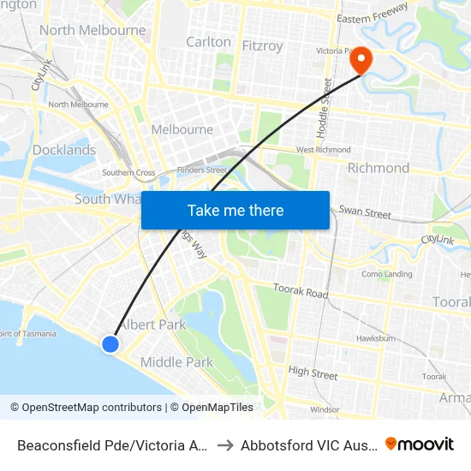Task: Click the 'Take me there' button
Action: [235, 210]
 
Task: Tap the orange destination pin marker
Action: [362, 59]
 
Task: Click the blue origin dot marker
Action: [110, 343]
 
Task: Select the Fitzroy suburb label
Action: [262, 45]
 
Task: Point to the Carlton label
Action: [208, 41]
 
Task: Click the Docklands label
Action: [64, 150]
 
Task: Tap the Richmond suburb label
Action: [378, 168]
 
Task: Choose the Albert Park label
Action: [152, 325]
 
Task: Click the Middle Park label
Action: [176, 362]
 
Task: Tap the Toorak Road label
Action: [300, 292]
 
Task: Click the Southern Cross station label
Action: [128, 172]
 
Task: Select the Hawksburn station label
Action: [375, 337]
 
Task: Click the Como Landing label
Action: [387, 274]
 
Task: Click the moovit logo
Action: [420, 444]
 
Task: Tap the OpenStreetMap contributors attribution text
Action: [86, 408]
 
